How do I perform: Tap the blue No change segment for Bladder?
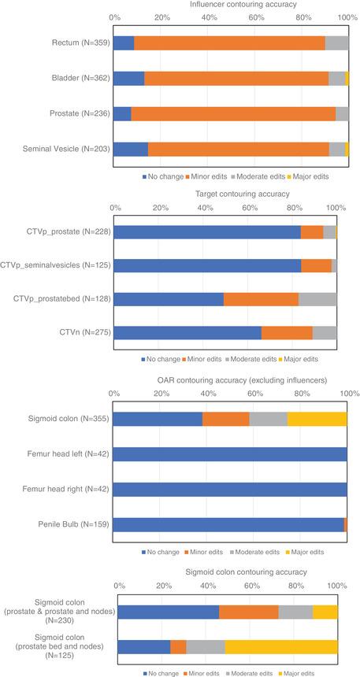point(128,78)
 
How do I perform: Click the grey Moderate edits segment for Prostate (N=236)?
point(342,113)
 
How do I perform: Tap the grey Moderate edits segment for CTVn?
point(325,333)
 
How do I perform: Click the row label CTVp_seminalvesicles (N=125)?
point(58,265)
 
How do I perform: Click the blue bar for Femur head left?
point(230,454)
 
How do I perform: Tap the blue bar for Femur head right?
point(230,489)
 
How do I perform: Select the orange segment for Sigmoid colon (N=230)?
point(248,612)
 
